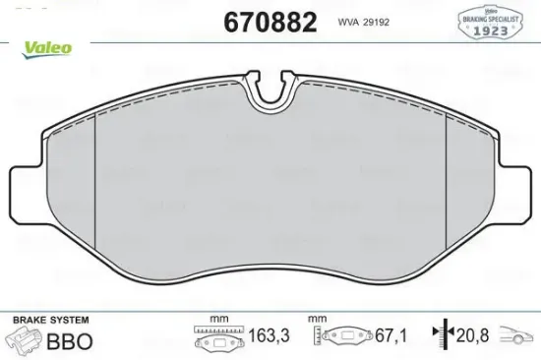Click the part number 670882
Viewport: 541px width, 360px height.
(270, 22)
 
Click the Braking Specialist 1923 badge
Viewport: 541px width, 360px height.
(489, 22)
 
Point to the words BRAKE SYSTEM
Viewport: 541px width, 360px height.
(50, 321)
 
